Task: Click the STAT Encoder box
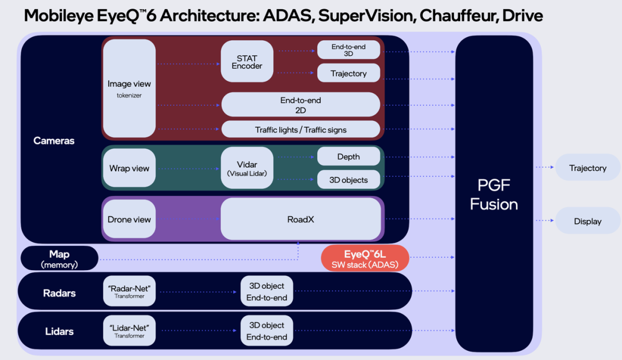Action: tap(246, 62)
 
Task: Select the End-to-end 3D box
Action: tap(348, 50)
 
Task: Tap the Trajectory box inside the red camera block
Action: tap(348, 73)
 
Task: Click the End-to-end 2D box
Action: tap(300, 105)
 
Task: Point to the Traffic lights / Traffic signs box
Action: tap(300, 130)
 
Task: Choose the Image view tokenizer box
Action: tap(129, 88)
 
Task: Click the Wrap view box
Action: tap(129, 168)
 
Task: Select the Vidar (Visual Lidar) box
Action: tap(246, 168)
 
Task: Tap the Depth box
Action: tap(348, 157)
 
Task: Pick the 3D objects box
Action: tap(348, 180)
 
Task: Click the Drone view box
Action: tap(129, 219)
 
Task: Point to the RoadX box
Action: tap(300, 219)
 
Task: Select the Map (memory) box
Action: tap(59, 259)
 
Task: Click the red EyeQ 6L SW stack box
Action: tap(365, 259)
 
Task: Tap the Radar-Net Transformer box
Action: tap(129, 291)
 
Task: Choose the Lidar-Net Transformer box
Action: tap(129, 331)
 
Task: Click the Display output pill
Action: tap(587, 221)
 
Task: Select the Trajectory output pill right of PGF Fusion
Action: tap(587, 168)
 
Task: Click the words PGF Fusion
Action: tap(494, 195)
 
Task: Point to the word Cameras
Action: tap(54, 141)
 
